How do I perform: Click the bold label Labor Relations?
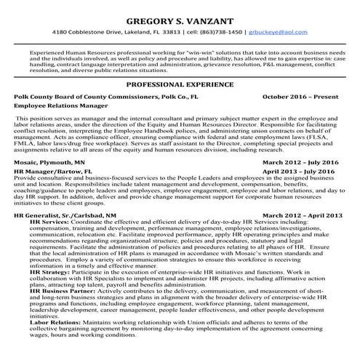(x=55, y=342)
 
